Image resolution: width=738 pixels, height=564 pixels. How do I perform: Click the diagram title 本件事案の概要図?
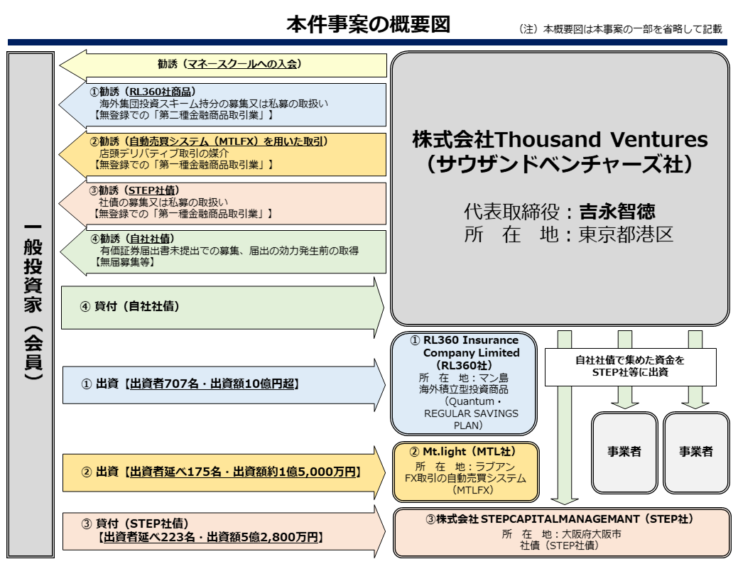pos(368,25)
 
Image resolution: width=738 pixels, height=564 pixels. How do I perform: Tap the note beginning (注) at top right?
pos(620,29)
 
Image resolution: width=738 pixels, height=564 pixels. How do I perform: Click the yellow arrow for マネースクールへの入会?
pos(227,64)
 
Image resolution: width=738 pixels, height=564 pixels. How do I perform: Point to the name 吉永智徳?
pos(616,212)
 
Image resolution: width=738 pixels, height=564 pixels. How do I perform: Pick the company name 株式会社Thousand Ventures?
pos(560,139)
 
